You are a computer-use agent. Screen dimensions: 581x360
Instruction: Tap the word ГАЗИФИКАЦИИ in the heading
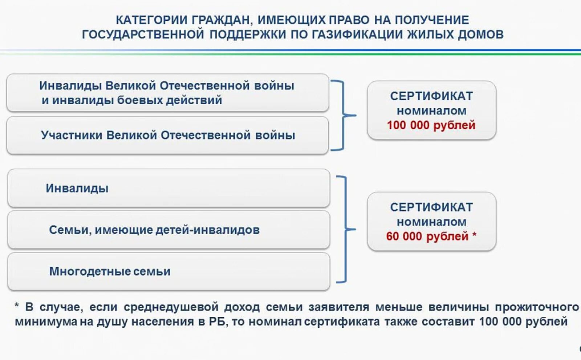(357, 35)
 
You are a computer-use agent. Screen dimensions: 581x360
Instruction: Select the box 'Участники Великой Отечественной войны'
(168, 135)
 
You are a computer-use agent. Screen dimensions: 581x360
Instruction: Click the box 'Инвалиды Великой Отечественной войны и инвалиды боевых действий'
(168, 93)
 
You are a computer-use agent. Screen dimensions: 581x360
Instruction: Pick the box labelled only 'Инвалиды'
(168, 188)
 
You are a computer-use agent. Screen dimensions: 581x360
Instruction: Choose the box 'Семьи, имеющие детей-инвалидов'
(168, 230)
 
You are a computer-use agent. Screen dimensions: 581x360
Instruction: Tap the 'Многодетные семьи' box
(168, 271)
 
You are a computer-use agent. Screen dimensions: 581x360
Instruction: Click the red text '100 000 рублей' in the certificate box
(431, 125)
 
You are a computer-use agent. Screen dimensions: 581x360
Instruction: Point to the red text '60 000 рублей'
(427, 236)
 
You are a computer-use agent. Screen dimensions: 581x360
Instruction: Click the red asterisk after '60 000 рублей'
(474, 235)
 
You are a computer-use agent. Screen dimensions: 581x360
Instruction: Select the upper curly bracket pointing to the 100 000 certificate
(343, 116)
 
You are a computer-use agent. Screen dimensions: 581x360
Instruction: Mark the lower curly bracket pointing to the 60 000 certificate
(345, 229)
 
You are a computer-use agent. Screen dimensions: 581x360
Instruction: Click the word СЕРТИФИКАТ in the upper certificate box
(431, 96)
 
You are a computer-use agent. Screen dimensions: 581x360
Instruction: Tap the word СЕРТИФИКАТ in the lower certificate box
(431, 207)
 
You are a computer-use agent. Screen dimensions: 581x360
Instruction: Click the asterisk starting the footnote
(17, 306)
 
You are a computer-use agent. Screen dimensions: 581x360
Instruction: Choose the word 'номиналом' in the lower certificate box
(431, 222)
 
